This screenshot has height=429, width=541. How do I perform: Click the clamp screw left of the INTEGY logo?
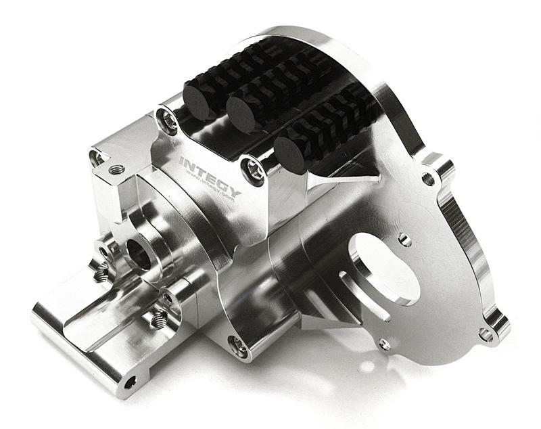tap(168, 121)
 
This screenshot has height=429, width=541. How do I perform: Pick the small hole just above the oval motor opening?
tap(404, 240)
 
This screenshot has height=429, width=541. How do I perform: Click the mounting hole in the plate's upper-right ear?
tap(428, 179)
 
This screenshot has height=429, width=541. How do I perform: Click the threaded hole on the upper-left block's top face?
tap(117, 169)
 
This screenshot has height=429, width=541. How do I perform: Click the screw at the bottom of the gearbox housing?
tap(238, 345)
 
